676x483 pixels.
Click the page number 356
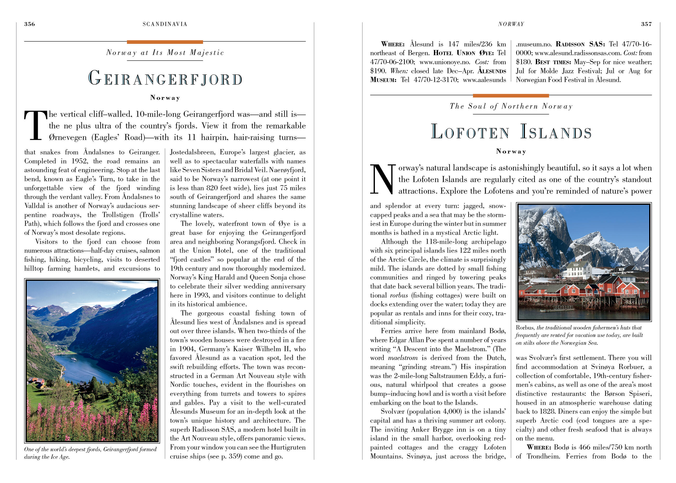point(29,24)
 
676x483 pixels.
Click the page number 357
point(646,24)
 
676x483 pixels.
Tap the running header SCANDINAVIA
point(165,24)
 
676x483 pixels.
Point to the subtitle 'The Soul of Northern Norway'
point(511,106)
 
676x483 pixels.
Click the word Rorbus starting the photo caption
point(525,327)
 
